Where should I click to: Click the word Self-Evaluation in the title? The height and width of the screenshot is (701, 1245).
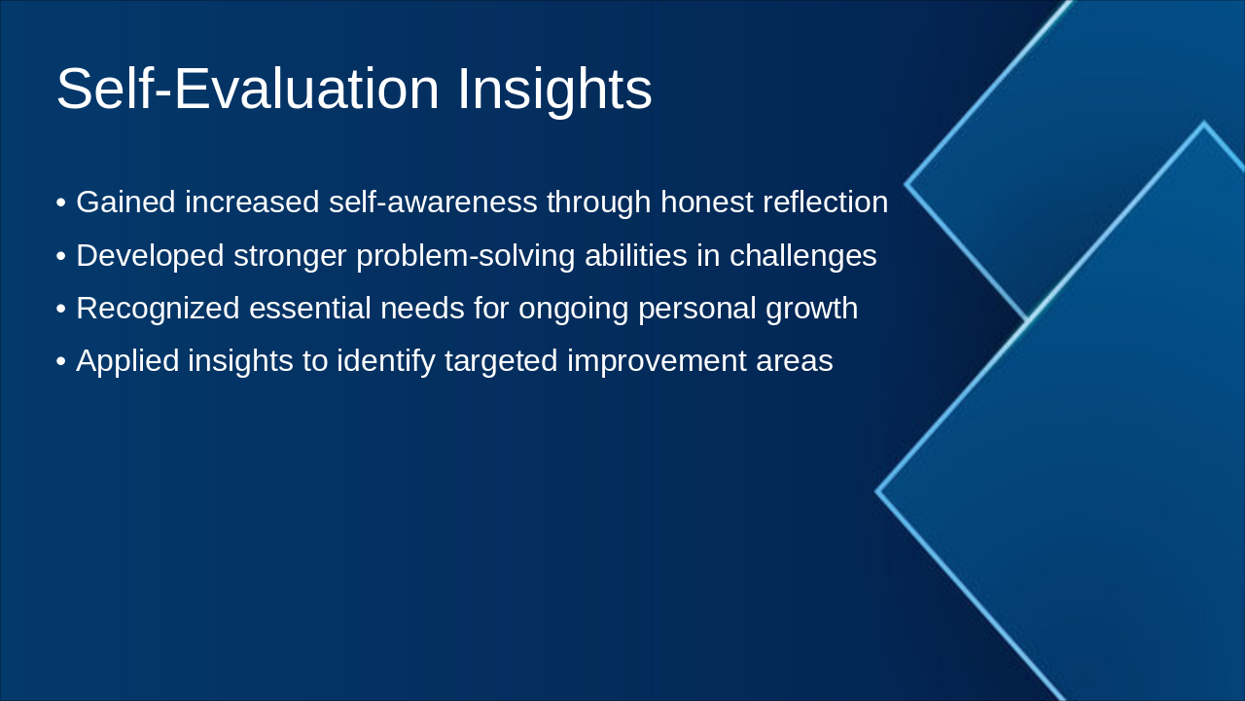(x=248, y=89)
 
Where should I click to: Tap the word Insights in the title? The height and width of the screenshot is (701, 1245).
(x=554, y=92)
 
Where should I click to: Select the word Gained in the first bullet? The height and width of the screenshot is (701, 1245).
(x=126, y=202)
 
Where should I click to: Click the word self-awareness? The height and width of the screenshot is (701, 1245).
(x=433, y=202)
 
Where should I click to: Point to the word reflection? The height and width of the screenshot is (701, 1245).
(x=826, y=202)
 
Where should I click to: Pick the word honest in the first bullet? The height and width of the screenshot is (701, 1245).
(x=707, y=202)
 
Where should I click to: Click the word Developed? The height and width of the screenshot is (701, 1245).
(x=150, y=256)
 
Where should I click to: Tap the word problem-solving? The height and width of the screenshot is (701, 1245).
(x=466, y=256)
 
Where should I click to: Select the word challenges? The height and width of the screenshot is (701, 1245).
(x=803, y=256)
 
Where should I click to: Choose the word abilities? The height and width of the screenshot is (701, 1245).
(x=636, y=255)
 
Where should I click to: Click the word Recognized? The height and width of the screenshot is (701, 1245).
(x=158, y=309)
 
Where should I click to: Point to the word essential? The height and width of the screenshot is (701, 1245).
(x=310, y=308)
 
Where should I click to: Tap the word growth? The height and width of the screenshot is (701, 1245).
(x=811, y=309)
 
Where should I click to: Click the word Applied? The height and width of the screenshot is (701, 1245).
(x=127, y=361)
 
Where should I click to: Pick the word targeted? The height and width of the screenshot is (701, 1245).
(x=501, y=361)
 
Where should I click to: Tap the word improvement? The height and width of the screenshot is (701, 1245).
(x=657, y=361)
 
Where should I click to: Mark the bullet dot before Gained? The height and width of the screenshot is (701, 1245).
(x=61, y=203)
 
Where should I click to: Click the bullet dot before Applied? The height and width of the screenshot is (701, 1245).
(x=61, y=362)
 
